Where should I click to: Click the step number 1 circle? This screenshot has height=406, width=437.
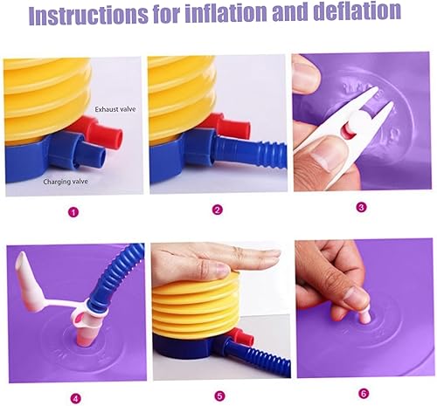click(x=73, y=210)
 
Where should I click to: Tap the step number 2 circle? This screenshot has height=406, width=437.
click(x=218, y=210)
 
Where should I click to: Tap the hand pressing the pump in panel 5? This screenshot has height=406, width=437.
click(x=218, y=261)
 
